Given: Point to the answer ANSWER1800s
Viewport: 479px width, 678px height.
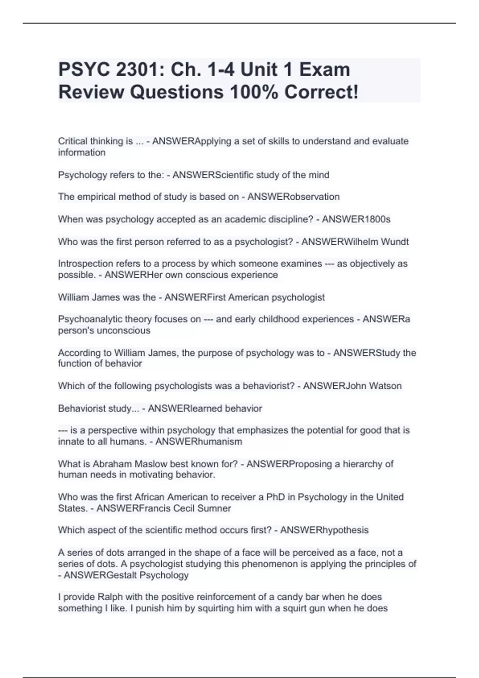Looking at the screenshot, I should pyautogui.click(x=356, y=219).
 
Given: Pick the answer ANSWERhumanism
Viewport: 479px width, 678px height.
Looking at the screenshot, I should pyautogui.click(x=199, y=441).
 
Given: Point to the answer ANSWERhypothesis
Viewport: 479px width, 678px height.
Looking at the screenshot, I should pyautogui.click(x=324, y=530).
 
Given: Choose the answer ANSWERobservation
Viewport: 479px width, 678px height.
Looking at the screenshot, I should pyautogui.click(x=293, y=197).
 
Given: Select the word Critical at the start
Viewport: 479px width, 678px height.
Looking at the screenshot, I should pyautogui.click(x=72, y=141).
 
